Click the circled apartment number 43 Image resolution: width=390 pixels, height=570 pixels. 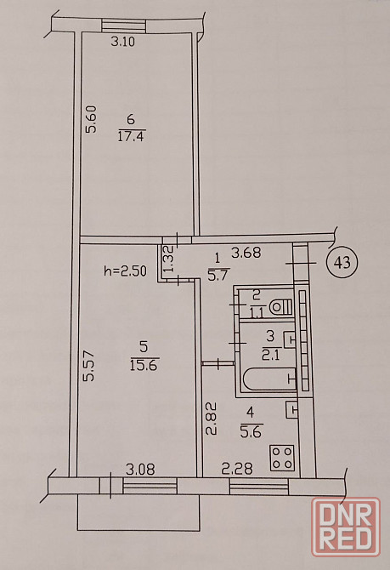(x=342, y=262)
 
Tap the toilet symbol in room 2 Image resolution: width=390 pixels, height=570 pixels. (x=280, y=307)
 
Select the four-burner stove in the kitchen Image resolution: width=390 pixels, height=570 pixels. (x=282, y=458)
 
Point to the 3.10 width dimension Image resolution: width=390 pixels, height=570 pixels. (x=122, y=42)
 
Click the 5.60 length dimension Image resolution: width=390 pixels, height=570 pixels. (x=91, y=119)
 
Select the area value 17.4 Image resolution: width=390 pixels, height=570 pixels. (x=132, y=137)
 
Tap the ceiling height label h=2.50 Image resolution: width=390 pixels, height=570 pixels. (x=125, y=271)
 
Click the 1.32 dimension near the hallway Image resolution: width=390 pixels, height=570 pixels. (x=170, y=258)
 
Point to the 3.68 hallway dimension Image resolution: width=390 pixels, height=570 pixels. (x=246, y=253)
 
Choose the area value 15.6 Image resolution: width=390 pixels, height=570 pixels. (x=144, y=365)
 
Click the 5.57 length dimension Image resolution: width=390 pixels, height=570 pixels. (x=88, y=365)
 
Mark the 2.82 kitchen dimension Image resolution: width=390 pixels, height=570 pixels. (x=212, y=418)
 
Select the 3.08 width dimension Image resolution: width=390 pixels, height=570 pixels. (x=140, y=470)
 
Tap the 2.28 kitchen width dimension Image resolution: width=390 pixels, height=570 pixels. (x=237, y=469)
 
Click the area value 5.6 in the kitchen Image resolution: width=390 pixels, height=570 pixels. (x=252, y=432)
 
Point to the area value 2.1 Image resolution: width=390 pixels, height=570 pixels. (x=270, y=355)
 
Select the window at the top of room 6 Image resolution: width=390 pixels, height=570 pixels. (x=123, y=26)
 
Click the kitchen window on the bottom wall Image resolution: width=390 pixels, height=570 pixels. (x=259, y=487)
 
